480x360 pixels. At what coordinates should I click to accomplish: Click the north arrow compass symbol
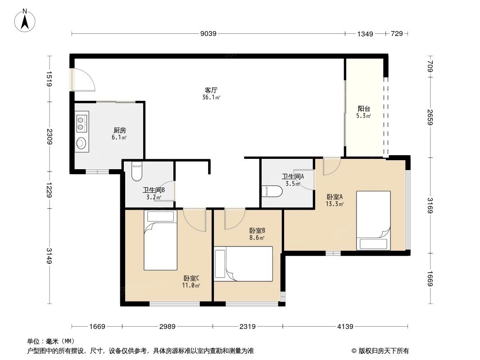(x=26, y=20)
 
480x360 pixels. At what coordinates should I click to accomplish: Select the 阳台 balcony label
(x=364, y=108)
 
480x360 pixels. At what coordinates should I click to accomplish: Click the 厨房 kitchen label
(x=119, y=130)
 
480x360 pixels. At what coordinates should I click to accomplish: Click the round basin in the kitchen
(x=82, y=143)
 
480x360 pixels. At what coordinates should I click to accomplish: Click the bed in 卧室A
(x=373, y=220)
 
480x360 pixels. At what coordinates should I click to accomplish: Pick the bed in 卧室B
(x=244, y=264)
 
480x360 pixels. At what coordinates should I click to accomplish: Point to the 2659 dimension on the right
(x=430, y=118)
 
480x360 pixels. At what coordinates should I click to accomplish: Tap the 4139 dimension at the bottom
(x=345, y=327)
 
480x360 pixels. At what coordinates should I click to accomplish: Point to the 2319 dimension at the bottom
(x=247, y=327)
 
